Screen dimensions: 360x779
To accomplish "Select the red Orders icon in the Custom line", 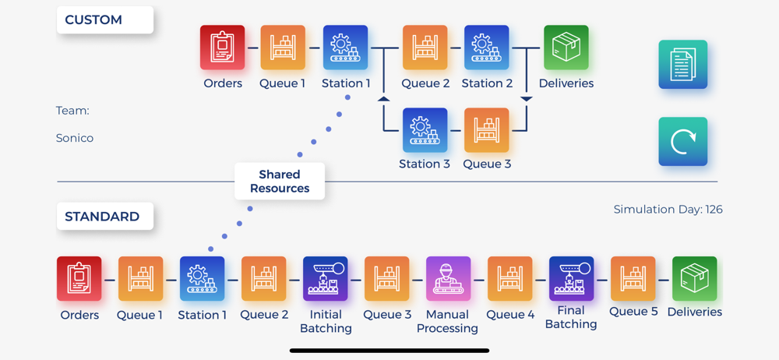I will click(223, 48).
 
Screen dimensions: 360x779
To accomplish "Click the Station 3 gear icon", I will click(425, 130).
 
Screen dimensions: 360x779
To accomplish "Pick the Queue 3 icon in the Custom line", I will click(487, 130).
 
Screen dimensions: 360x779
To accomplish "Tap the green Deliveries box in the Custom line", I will click(566, 48).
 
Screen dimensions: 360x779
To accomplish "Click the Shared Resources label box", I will click(280, 182).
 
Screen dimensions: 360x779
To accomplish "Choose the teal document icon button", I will click(683, 65).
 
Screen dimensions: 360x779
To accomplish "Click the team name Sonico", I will click(75, 138).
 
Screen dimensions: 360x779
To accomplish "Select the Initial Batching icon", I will click(326, 279).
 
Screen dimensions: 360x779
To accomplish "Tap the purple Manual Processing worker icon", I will click(448, 279).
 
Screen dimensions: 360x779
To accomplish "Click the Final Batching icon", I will click(571, 279).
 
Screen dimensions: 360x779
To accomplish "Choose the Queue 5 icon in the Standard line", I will click(633, 279).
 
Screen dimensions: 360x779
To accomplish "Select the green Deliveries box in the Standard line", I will click(694, 279).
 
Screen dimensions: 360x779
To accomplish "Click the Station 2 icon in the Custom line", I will click(487, 48).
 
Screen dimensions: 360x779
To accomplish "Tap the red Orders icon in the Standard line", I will click(79, 279).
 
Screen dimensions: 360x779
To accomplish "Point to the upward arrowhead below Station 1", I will click(383, 98).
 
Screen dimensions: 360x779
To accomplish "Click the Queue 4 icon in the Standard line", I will click(509, 279).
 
